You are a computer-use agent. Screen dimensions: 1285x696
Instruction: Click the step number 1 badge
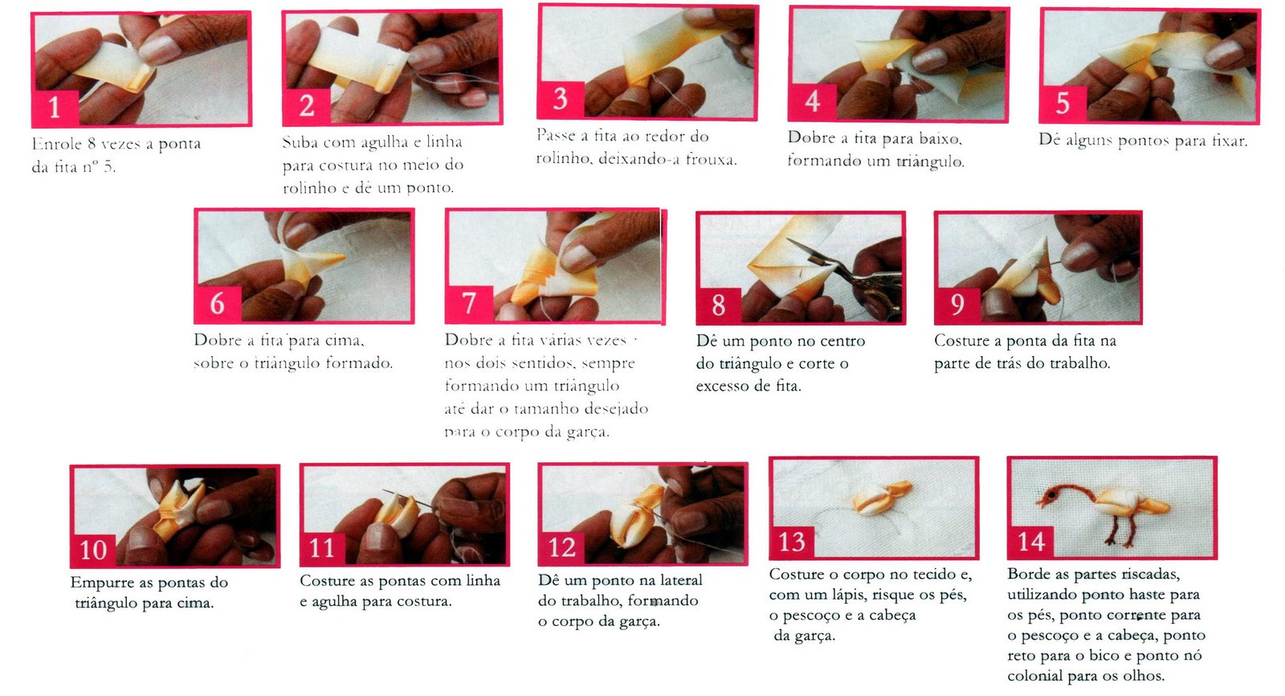(55, 108)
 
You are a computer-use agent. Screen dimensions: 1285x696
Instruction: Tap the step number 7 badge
(469, 303)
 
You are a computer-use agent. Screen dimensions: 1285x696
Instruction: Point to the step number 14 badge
(1030, 542)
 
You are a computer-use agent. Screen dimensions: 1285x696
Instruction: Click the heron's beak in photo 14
(1041, 502)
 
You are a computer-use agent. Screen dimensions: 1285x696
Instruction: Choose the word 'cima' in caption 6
(345, 341)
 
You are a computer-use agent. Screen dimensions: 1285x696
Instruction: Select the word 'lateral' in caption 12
(679, 580)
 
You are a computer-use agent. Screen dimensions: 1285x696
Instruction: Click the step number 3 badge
(561, 100)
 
